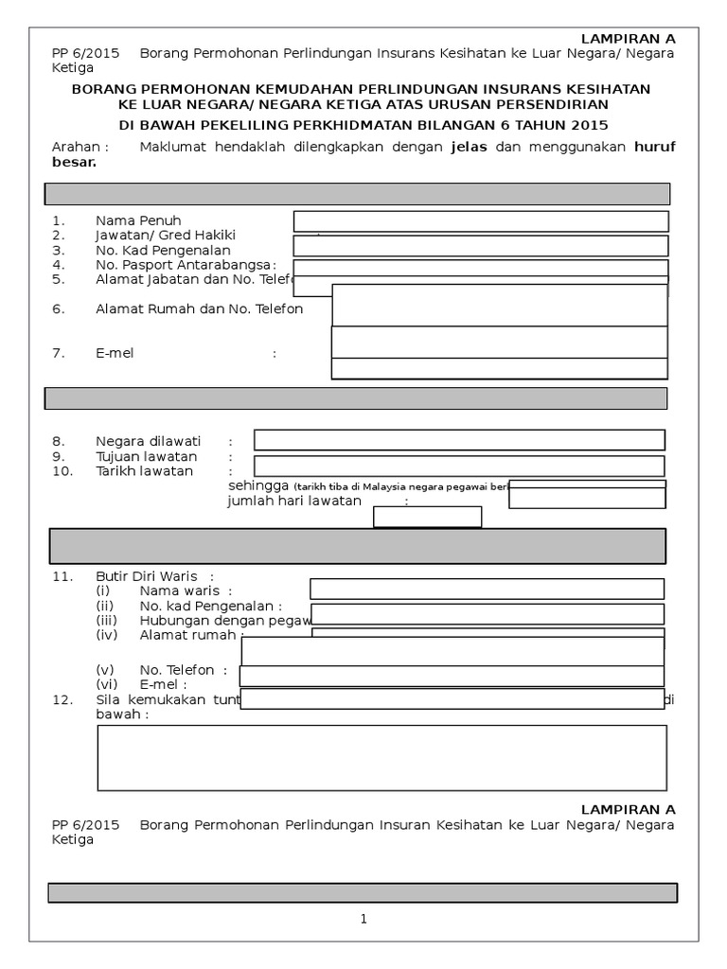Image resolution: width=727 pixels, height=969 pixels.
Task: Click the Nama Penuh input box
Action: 481,220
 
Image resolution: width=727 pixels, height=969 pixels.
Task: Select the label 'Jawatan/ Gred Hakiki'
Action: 165,235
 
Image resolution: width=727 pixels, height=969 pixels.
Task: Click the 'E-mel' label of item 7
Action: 115,353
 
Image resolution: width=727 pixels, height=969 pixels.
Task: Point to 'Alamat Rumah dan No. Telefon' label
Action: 199,308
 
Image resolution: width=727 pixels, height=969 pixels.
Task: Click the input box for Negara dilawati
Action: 459,440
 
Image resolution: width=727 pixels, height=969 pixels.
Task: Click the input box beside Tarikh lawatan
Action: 459,467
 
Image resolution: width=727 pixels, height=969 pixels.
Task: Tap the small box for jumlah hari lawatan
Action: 428,517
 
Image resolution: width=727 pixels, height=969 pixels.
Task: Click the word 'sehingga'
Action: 258,484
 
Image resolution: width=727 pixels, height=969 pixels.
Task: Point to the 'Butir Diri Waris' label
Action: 151,575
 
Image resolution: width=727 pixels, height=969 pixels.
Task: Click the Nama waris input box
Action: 487,589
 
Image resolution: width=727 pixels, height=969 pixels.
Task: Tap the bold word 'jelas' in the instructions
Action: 469,147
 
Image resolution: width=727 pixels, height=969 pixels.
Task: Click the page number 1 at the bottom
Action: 363,919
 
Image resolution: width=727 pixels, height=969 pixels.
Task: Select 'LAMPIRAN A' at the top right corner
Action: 628,38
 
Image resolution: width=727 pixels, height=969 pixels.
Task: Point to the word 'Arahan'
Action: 78,147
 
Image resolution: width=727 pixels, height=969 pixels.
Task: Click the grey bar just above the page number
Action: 363,892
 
